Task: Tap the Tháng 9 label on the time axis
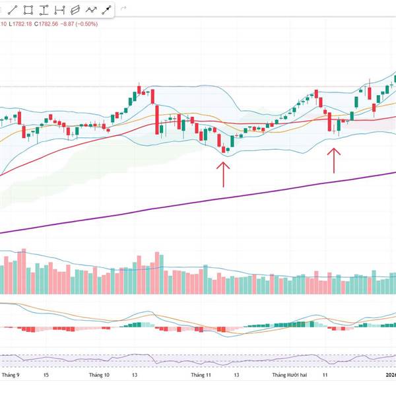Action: coord(11,374)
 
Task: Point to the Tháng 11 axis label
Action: coord(201,374)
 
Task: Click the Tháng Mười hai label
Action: coord(290,374)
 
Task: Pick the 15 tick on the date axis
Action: coord(46,374)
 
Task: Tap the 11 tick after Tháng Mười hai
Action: coord(325,374)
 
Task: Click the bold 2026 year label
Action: coord(391,374)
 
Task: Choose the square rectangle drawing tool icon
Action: coord(28,10)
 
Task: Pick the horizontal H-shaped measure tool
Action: coord(59,10)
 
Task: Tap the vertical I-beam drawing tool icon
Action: coord(44,10)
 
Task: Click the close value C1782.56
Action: coord(58,24)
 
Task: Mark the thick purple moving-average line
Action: coord(198,201)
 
